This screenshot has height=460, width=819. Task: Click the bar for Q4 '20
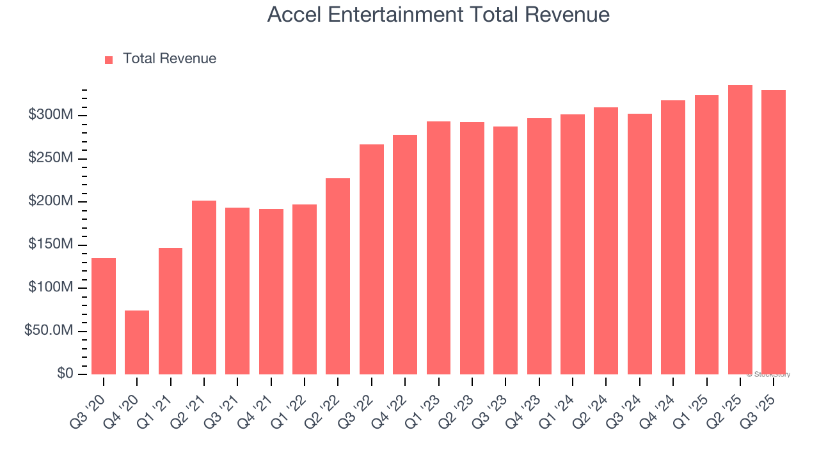[x=137, y=342]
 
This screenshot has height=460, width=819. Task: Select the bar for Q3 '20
[x=104, y=316]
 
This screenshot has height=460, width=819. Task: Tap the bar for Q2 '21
[x=204, y=287]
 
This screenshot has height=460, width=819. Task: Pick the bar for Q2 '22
[x=338, y=276]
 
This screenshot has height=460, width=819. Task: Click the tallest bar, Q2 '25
[x=740, y=230]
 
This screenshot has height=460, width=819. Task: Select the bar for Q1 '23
[x=438, y=248]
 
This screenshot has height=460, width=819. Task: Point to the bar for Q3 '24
[x=639, y=244]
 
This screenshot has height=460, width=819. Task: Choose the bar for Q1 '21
[x=170, y=311]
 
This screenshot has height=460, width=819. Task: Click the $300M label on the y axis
[x=51, y=115]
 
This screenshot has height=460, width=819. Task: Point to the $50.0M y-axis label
[x=49, y=331]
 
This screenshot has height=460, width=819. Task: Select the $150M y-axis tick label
[x=51, y=245]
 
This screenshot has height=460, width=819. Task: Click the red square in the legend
[x=109, y=59]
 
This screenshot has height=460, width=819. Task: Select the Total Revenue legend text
[x=170, y=59]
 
